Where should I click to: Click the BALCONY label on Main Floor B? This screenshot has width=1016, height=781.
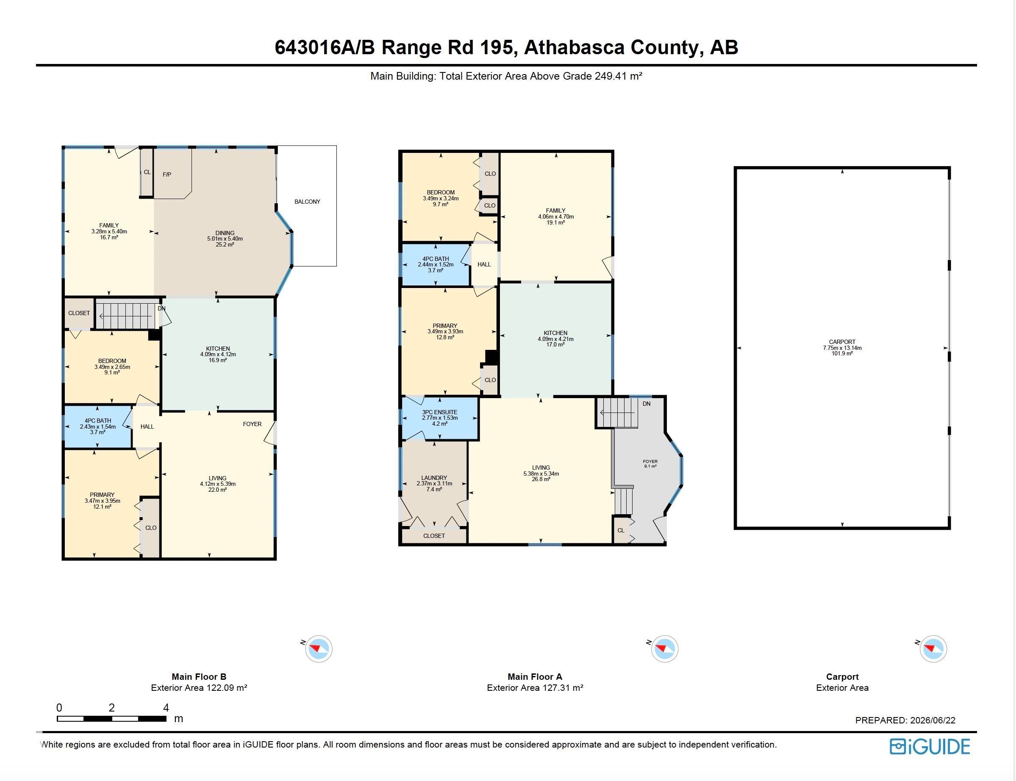(307, 202)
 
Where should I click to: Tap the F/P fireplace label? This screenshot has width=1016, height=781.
(167, 175)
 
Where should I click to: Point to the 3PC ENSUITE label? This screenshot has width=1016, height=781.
(439, 413)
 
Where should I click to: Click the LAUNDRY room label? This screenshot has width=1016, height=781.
(434, 478)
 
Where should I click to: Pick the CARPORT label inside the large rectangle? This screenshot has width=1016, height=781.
(842, 342)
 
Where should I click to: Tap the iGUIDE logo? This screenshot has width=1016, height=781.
(930, 746)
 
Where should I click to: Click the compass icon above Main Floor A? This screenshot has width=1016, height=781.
(664, 648)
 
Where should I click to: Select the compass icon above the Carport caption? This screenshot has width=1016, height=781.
(933, 648)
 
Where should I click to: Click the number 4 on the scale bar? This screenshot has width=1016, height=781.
(166, 708)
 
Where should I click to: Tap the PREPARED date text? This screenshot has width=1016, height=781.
(905, 720)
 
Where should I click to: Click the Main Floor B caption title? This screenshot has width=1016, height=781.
(199, 677)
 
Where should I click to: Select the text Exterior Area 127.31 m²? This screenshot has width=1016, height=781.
(535, 687)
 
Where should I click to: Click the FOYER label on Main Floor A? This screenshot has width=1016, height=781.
(650, 462)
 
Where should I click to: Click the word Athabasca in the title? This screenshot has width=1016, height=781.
(574, 47)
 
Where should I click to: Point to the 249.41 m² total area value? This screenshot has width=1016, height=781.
(619, 76)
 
